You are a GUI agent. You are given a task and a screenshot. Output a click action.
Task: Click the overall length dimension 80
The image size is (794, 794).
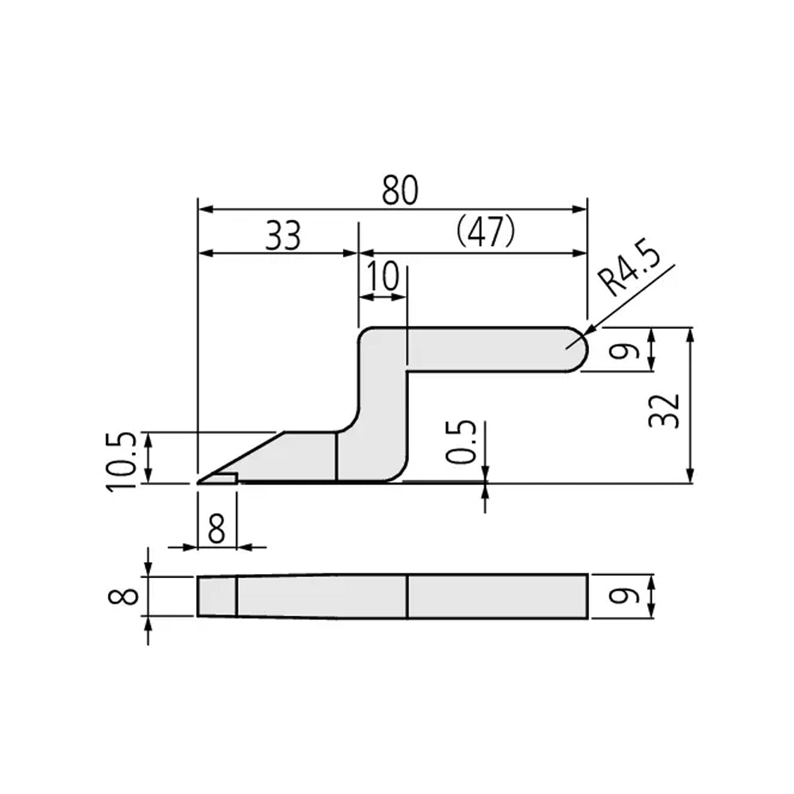coord(399,191)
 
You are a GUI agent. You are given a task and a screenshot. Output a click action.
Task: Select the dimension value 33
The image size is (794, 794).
coord(283,236)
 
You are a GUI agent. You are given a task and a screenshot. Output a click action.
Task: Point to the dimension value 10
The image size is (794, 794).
coord(383,277)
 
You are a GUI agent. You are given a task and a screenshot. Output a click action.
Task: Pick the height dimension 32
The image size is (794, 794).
coord(665,410)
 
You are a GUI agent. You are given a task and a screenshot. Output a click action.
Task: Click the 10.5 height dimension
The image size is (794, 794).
coord(124,461)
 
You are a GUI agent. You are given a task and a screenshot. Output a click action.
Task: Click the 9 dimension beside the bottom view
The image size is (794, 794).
coord(625,595)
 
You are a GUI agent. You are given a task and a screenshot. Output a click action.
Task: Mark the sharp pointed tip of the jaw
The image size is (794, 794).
coord(199,481)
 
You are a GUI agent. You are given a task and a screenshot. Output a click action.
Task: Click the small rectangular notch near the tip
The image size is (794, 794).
coord(226,477)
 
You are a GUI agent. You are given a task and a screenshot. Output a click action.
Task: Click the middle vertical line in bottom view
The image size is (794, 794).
coord(407,596)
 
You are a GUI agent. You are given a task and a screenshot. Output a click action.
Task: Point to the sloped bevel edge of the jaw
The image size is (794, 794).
coord(242,456)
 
